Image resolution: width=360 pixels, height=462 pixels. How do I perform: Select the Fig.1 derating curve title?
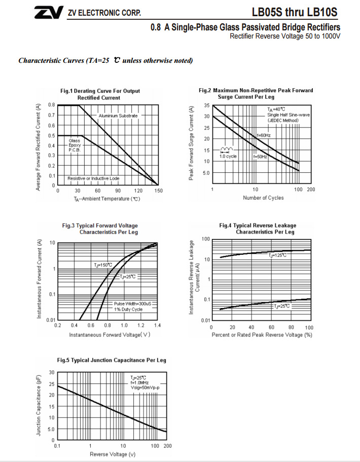click(x=100, y=94)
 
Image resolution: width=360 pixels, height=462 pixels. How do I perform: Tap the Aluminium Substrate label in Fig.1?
click(x=118, y=115)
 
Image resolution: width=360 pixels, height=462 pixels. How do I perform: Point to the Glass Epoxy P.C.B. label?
click(x=75, y=145)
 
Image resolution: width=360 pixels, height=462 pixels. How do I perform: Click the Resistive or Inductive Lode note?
click(x=94, y=178)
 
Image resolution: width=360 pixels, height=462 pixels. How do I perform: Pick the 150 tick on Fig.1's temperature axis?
click(x=158, y=191)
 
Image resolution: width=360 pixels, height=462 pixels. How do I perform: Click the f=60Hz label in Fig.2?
click(x=263, y=135)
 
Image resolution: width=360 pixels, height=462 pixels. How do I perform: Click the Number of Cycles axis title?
click(x=263, y=198)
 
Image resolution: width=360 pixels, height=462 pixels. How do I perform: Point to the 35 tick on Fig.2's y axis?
click(x=207, y=105)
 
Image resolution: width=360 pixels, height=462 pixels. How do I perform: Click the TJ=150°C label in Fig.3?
click(x=103, y=265)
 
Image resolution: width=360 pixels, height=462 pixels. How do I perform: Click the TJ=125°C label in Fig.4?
click(x=278, y=255)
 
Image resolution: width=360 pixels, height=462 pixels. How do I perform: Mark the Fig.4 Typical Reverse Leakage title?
click(x=265, y=228)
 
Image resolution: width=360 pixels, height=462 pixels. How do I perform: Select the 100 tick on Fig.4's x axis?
click(x=309, y=328)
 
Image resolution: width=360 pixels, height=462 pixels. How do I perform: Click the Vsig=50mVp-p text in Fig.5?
click(x=145, y=388)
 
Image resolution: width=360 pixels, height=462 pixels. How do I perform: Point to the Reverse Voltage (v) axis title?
click(x=113, y=454)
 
